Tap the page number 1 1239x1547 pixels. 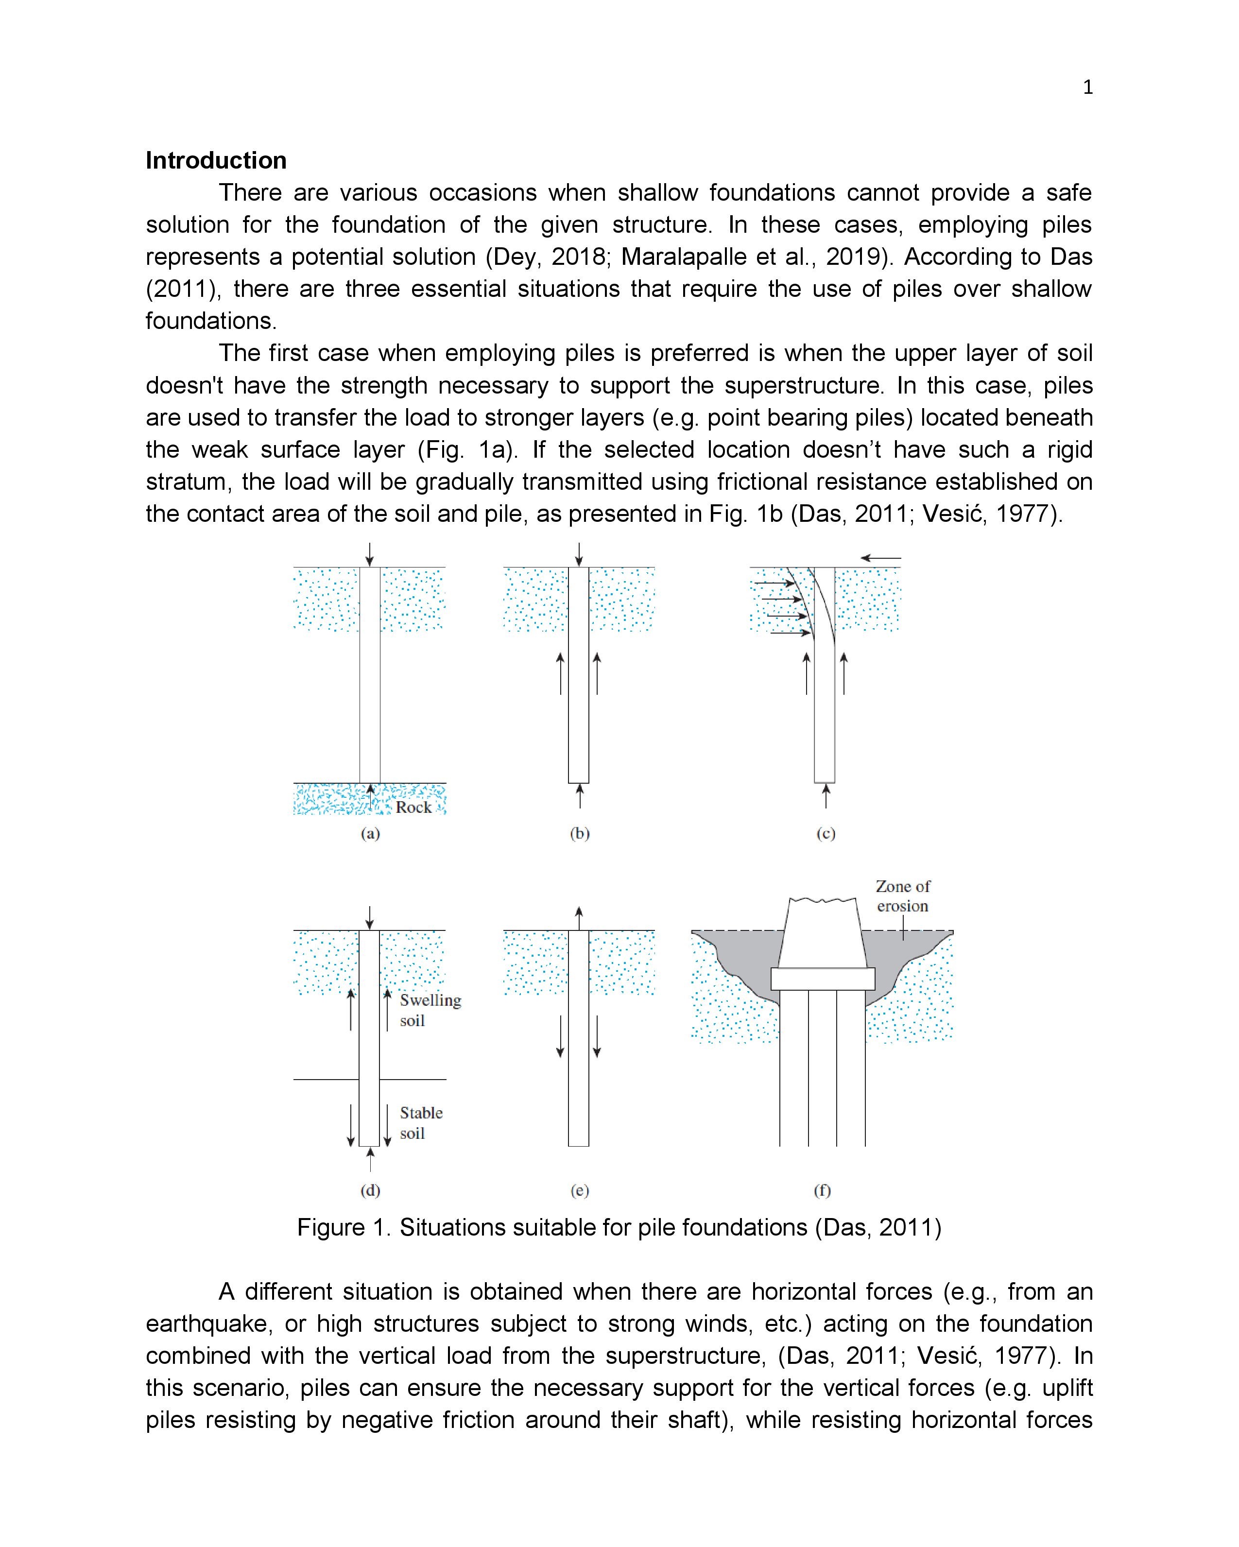coord(1087,87)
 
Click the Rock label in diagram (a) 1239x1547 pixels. coord(413,807)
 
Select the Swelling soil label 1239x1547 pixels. coord(430,1010)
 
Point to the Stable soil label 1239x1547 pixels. coord(421,1122)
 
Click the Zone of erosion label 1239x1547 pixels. coord(902,896)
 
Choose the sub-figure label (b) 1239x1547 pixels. coord(579,833)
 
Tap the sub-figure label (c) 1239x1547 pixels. coord(826,833)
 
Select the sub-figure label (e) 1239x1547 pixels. coord(579,1190)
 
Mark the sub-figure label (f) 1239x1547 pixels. coord(822,1190)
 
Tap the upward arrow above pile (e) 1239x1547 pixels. coord(579,918)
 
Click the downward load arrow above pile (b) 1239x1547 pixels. coord(579,554)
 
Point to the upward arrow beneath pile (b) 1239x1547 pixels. coord(579,796)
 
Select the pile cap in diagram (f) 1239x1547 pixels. coord(823,978)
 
